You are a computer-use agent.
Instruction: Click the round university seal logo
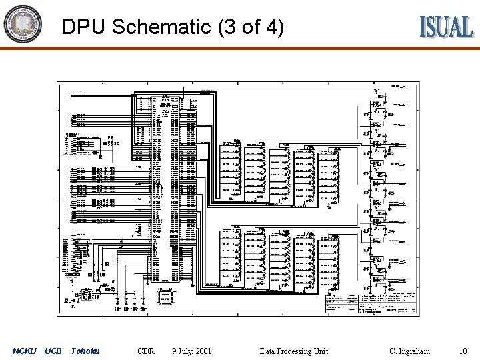(23, 24)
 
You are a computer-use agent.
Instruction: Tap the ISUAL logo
(446, 27)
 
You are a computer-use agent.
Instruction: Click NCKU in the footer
(25, 351)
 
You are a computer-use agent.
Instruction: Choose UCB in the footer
(53, 351)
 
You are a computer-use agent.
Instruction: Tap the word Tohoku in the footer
(85, 351)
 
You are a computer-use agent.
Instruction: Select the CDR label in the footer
(145, 351)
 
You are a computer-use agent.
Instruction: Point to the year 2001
(203, 351)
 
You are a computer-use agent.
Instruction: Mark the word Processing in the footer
(295, 351)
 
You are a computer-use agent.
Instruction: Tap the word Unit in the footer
(321, 351)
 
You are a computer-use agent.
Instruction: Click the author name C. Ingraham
(409, 351)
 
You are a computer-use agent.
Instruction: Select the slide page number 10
(463, 351)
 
